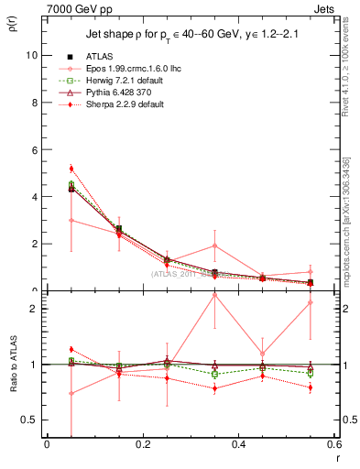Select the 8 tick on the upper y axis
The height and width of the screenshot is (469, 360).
coord(35,103)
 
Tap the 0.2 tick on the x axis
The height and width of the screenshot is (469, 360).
coord(142,444)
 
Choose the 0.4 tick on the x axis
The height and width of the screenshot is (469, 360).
coord(238,444)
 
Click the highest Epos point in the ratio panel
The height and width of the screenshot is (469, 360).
coord(214,295)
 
